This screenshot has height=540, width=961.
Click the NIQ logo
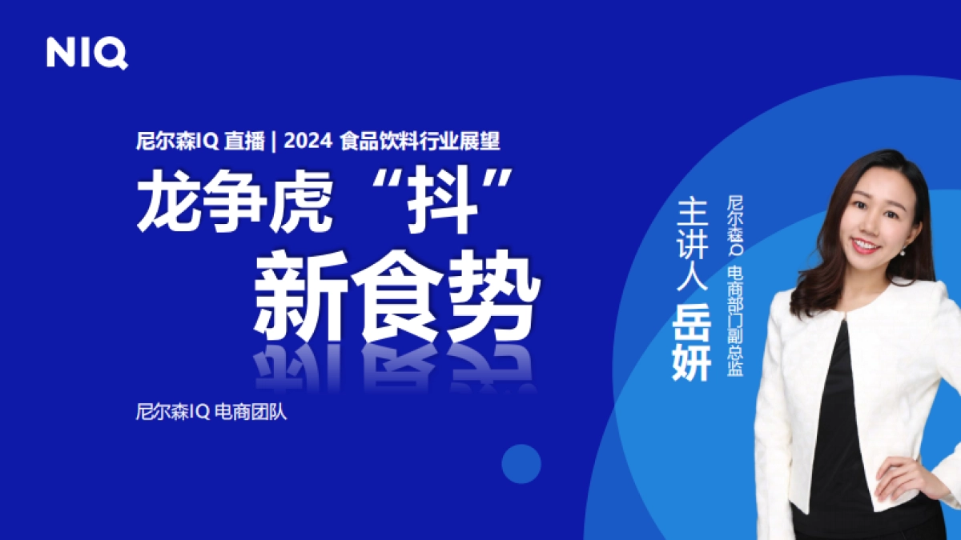(86, 53)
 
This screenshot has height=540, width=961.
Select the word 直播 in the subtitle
(243, 142)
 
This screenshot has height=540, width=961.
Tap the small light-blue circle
(521, 463)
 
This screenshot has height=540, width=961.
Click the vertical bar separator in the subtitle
(274, 142)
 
